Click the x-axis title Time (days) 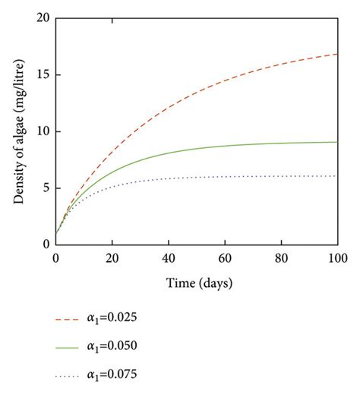click(x=196, y=283)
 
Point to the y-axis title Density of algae click(x=16, y=131)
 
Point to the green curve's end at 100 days click(x=337, y=142)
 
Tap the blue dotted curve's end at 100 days click(x=337, y=176)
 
